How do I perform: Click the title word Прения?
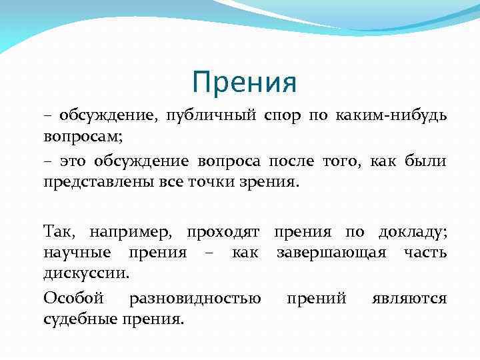click(243, 83)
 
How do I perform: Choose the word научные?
click(73, 252)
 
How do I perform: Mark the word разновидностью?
click(195, 298)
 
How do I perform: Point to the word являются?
click(409, 298)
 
